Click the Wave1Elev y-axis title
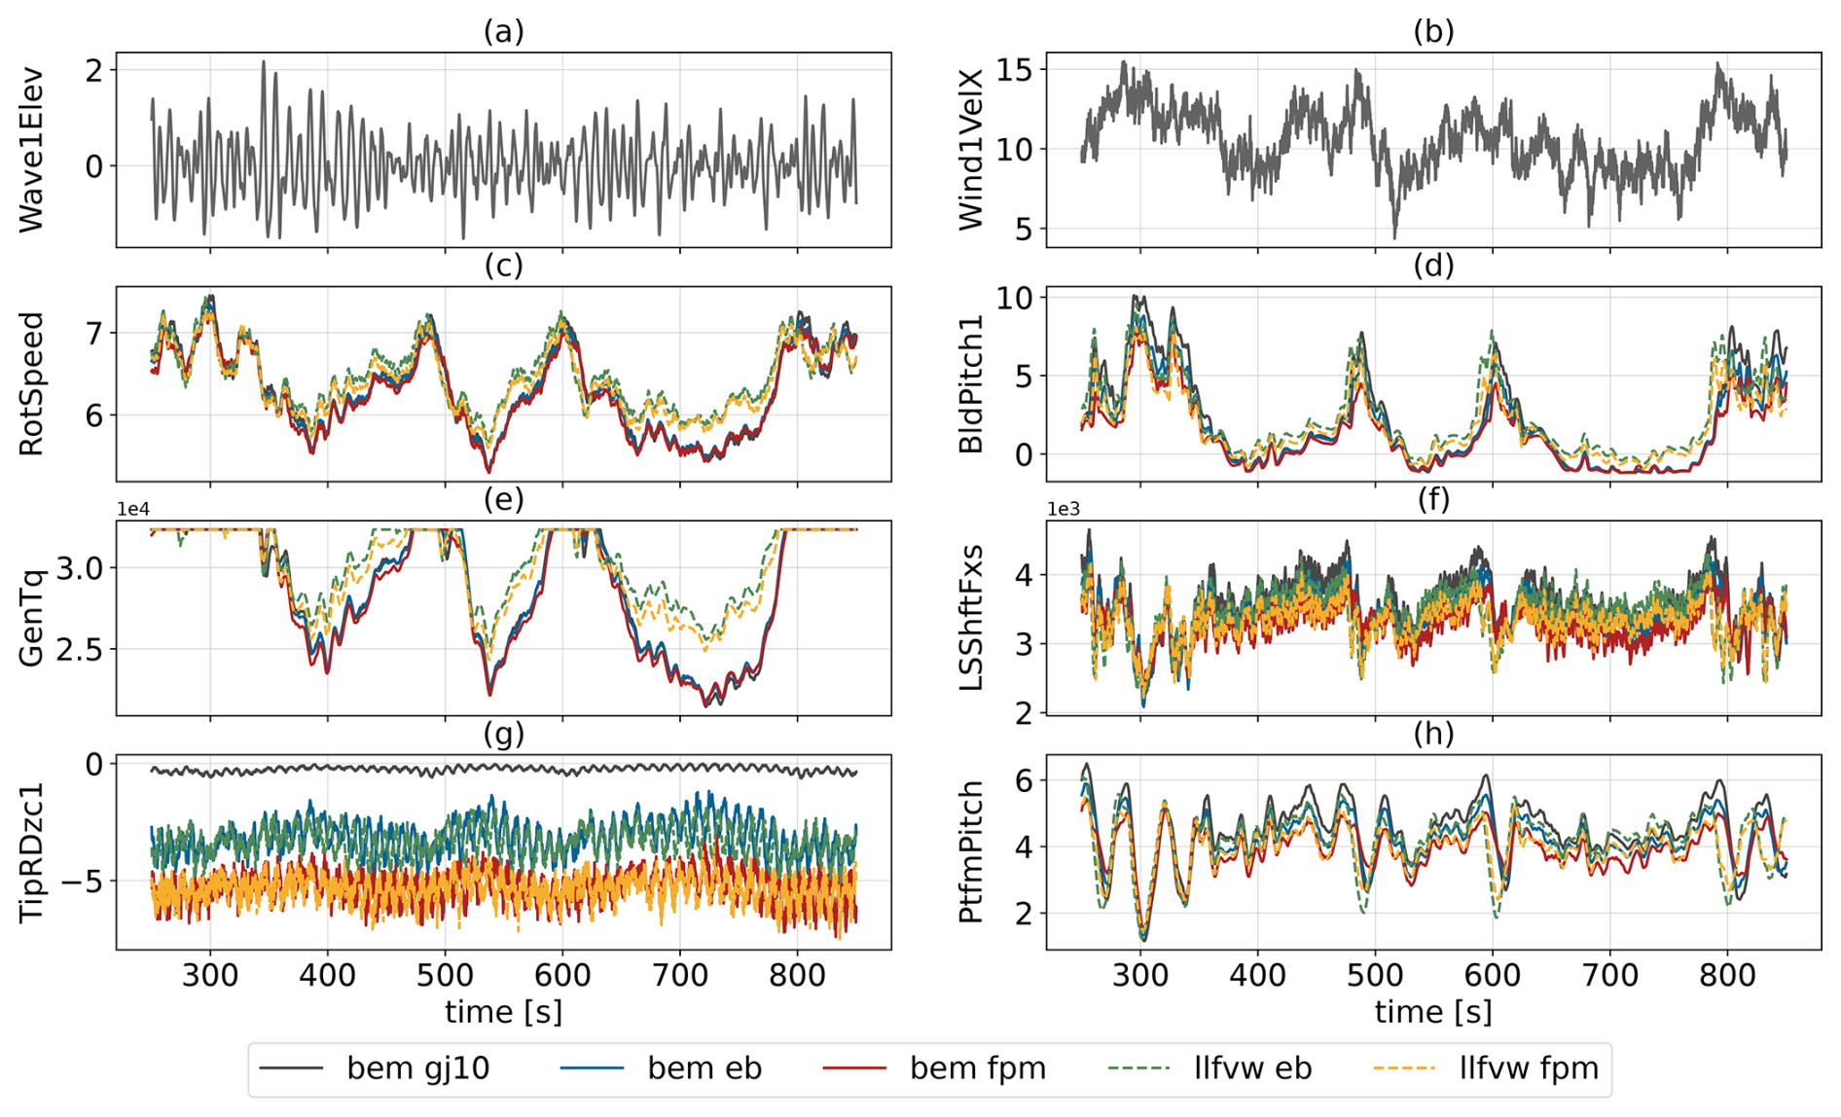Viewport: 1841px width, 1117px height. (x=32, y=149)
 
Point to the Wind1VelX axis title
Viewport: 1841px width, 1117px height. (x=971, y=149)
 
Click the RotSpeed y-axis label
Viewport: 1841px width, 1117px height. (x=32, y=383)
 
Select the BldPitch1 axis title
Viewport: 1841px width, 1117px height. (x=971, y=383)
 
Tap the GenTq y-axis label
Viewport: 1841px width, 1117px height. (x=32, y=618)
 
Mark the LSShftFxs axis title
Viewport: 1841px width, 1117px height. (x=971, y=618)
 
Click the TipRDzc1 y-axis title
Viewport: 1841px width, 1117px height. (x=32, y=851)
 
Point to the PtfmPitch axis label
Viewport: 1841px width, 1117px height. (x=971, y=851)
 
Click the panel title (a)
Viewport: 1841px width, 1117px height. (x=503, y=31)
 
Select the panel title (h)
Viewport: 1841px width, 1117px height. (x=1433, y=734)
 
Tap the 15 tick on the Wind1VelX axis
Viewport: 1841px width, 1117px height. (x=1014, y=69)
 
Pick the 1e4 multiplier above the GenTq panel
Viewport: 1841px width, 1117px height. (x=133, y=509)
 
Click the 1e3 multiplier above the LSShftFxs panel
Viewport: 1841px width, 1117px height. (x=1064, y=509)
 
